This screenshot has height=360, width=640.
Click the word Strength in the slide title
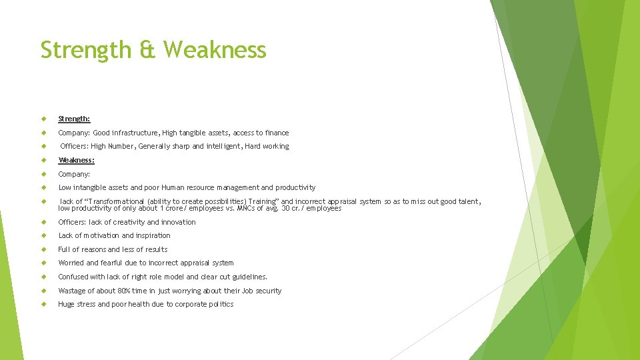click(85, 50)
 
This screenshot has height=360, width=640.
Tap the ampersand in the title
click(146, 50)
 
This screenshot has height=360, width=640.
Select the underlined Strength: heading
click(74, 119)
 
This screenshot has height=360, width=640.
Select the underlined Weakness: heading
click(76, 160)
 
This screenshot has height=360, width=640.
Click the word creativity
click(127, 222)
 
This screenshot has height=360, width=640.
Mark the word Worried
click(71, 263)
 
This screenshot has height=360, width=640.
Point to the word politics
click(221, 304)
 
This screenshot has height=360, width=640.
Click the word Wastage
click(72, 291)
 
